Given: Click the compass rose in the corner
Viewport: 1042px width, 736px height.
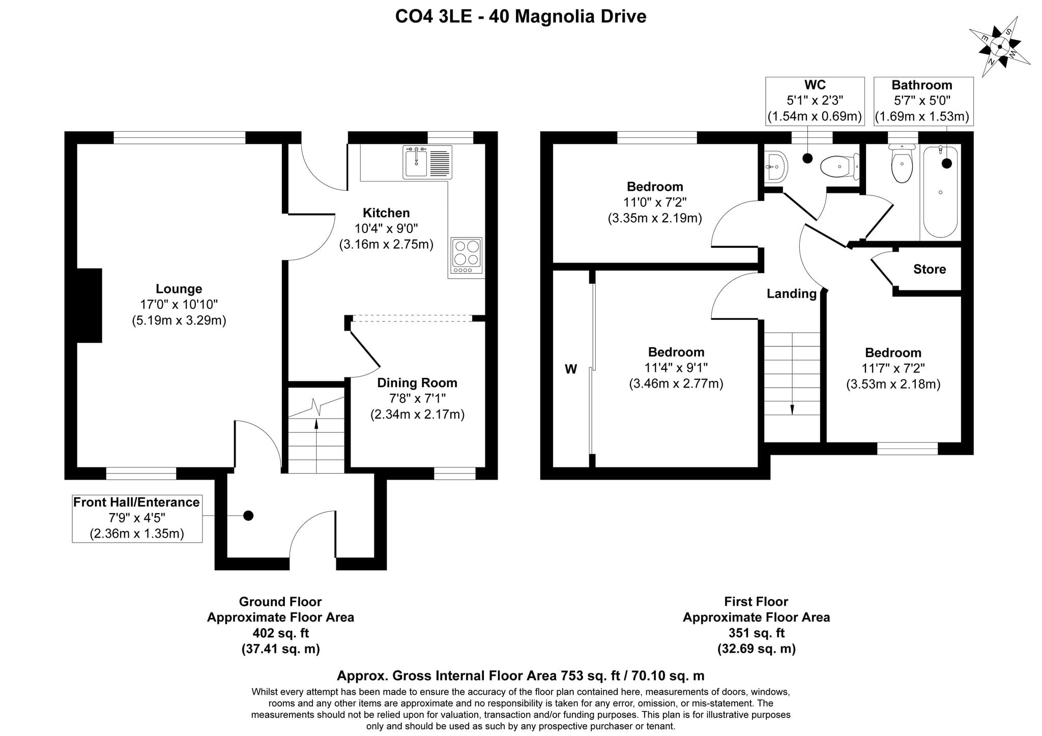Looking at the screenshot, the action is pyautogui.click(x=999, y=47).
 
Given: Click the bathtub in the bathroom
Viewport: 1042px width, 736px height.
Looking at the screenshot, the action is pyautogui.click(x=940, y=191).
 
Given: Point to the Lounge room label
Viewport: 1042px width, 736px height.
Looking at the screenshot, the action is pyautogui.click(x=179, y=289).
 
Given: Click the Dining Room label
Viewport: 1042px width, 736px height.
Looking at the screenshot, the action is pyautogui.click(x=417, y=382).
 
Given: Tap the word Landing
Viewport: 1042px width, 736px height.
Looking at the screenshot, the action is pyautogui.click(x=792, y=293).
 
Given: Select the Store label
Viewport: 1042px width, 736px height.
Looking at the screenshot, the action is pyautogui.click(x=930, y=269).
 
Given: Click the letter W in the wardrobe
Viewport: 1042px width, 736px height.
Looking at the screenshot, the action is pyautogui.click(x=571, y=369).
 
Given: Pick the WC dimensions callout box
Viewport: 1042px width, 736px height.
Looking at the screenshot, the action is pyautogui.click(x=815, y=101).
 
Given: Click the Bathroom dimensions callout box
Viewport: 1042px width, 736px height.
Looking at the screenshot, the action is pyautogui.click(x=923, y=101).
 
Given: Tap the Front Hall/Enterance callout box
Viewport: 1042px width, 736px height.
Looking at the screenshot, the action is pyautogui.click(x=137, y=518).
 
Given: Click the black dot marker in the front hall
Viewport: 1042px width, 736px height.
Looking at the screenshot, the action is pyautogui.click(x=248, y=516).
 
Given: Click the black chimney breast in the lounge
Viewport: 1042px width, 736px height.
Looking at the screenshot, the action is pyautogui.click(x=89, y=305).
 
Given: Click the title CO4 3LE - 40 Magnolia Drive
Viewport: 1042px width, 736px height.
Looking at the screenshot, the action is pyautogui.click(x=520, y=16).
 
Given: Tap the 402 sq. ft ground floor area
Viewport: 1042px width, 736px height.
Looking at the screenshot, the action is pyautogui.click(x=280, y=633).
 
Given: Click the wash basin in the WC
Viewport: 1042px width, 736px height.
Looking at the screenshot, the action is pyautogui.click(x=776, y=166).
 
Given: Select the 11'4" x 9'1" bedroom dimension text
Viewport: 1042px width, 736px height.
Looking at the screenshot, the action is pyautogui.click(x=676, y=367).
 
